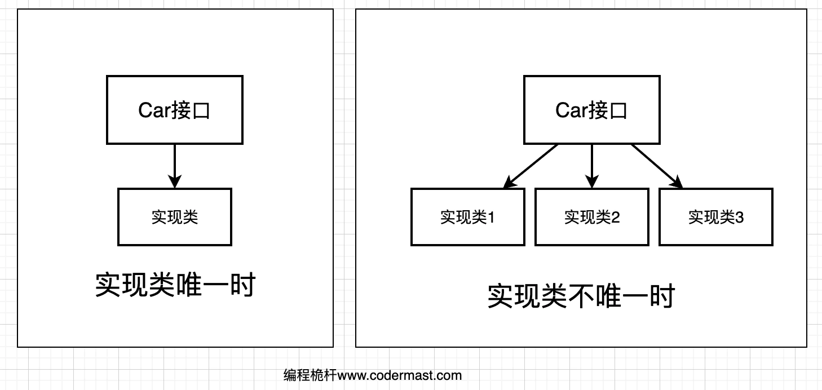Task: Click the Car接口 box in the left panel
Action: (x=175, y=110)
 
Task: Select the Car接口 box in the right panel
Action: (x=591, y=110)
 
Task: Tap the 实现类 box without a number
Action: (x=175, y=217)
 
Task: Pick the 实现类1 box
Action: (x=467, y=217)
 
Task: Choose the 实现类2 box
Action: (x=591, y=217)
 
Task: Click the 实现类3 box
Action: (x=715, y=217)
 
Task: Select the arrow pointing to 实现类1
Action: (x=532, y=165)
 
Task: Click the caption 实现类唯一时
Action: (x=175, y=286)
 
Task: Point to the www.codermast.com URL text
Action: (x=401, y=375)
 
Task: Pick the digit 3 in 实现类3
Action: (x=739, y=218)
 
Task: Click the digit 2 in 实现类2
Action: (x=615, y=218)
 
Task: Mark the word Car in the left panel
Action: (x=154, y=110)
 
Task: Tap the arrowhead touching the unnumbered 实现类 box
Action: (x=175, y=182)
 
